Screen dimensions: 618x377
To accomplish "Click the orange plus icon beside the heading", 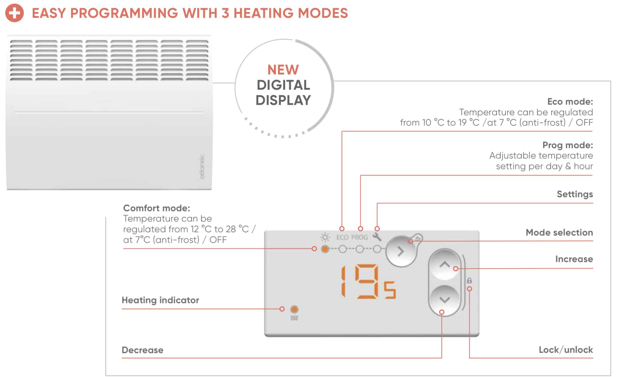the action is [14, 13].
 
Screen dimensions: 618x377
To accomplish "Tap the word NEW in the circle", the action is [283, 70].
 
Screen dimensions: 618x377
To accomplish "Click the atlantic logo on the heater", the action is [202, 167].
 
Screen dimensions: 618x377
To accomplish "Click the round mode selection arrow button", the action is [401, 251].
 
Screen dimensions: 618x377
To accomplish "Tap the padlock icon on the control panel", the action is [469, 280].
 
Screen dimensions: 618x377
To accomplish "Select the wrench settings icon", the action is [377, 237].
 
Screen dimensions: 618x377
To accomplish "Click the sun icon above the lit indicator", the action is [325, 237].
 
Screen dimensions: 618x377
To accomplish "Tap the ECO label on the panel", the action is [342, 237].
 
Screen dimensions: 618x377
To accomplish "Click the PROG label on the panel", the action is [360, 237].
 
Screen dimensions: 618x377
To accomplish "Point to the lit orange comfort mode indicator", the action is [325, 249].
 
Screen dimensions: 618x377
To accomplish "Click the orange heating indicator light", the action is [294, 309].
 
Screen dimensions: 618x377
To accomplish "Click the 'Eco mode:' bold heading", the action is [570, 101].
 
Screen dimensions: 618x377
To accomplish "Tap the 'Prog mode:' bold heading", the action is [568, 145].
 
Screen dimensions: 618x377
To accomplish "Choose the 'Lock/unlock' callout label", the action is [566, 350].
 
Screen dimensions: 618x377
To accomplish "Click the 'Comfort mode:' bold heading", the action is [157, 208].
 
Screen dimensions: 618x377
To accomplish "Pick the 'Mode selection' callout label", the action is [559, 232].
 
